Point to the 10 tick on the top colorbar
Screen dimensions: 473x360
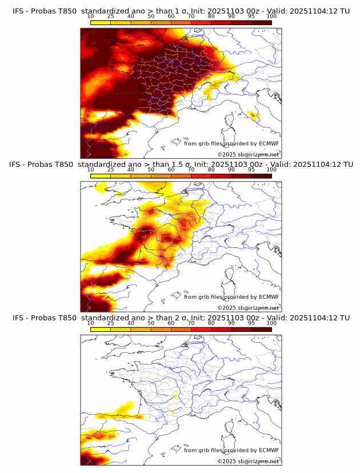[91, 16]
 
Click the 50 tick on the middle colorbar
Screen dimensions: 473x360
[151, 170]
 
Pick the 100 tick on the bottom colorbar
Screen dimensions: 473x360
[271, 323]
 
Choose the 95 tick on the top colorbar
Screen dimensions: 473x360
[251, 16]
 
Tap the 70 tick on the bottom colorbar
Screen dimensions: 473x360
[191, 323]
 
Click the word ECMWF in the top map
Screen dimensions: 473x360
[269, 143]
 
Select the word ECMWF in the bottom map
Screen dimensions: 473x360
[269, 450]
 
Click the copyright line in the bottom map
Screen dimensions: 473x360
[248, 461]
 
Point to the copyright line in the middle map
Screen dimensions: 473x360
[248, 308]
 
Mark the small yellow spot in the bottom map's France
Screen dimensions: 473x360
[176, 395]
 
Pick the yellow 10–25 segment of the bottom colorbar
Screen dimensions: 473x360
[101, 329]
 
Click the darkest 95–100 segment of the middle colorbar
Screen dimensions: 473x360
[262, 176]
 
